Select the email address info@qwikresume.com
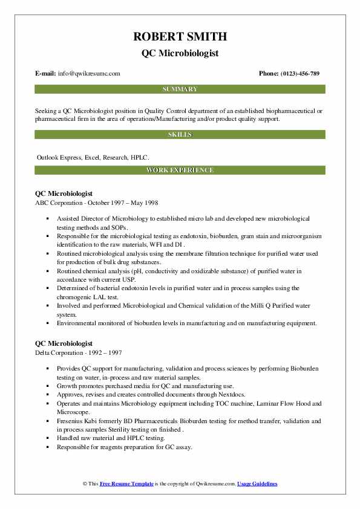coord(89,74)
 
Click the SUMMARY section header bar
coord(180,89)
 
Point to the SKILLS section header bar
coord(180,134)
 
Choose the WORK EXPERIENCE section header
coord(180,170)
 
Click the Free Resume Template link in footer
coord(126,484)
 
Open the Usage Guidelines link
coord(257,484)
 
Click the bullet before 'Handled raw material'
coord(47,439)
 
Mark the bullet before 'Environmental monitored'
coord(47,323)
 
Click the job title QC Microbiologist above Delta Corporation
coord(64,343)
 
